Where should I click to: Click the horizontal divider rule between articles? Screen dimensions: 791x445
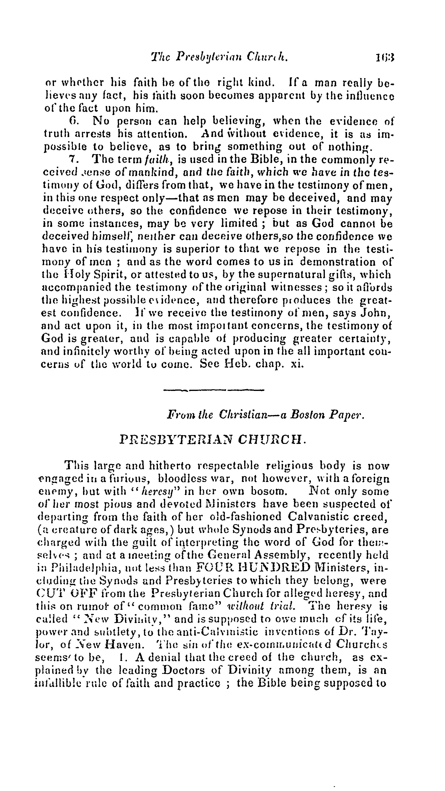tap(214, 390)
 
